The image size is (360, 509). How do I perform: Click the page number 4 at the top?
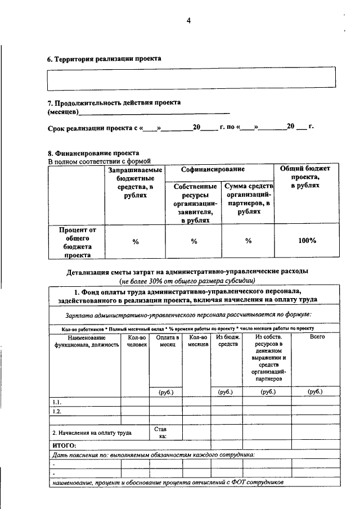coord(189,21)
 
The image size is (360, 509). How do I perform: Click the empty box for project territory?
coord(191,78)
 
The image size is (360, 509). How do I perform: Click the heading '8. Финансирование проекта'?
coord(93,153)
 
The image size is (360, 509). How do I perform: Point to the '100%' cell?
coord(307,241)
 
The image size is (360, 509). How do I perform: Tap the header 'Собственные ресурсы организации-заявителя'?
coord(195,203)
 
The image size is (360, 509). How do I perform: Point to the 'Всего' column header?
coord(318,337)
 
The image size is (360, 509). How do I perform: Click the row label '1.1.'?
coord(57,402)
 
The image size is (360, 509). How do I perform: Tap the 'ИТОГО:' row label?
coord(64,445)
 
